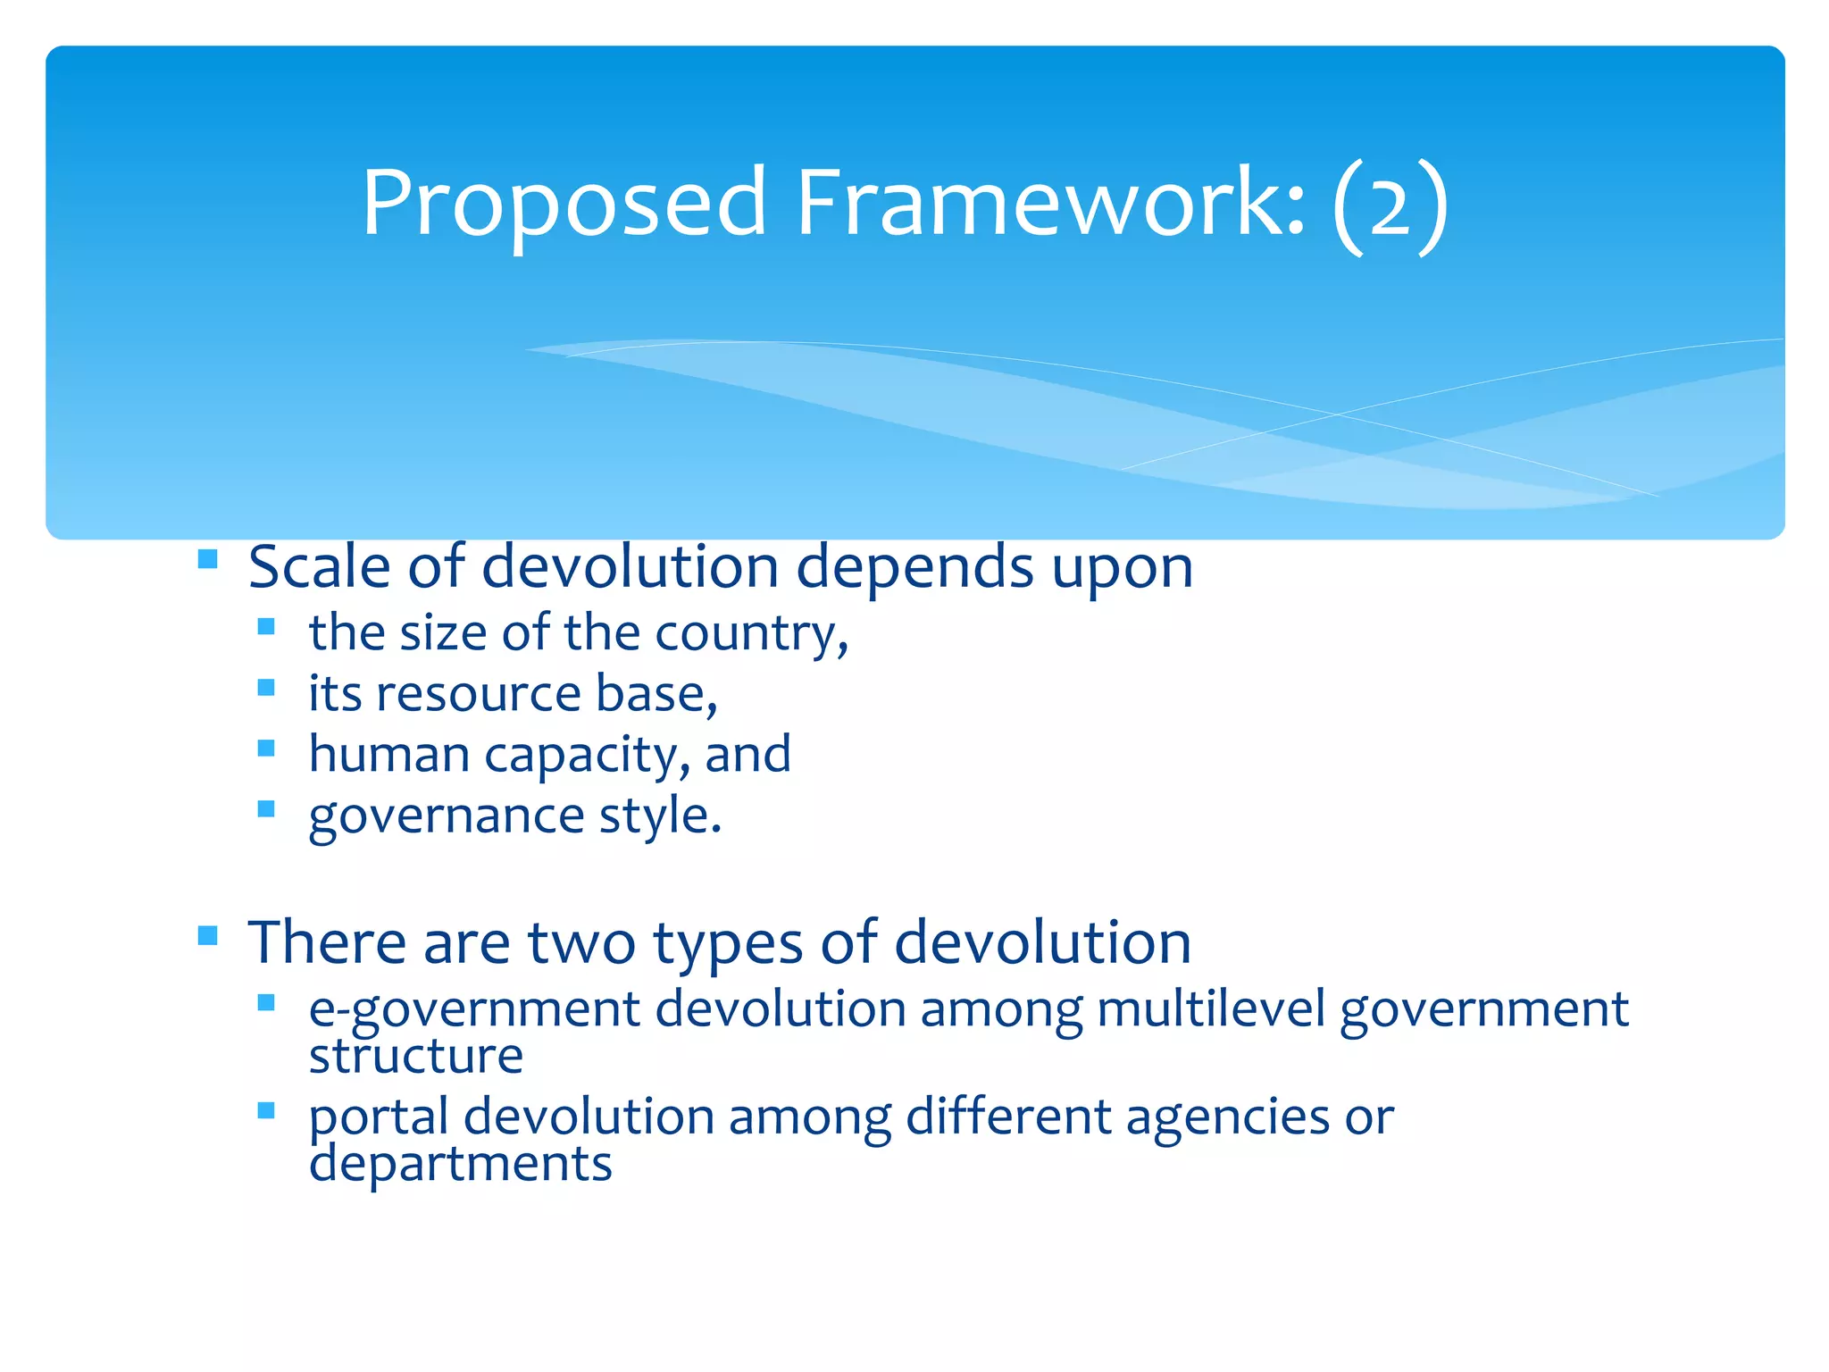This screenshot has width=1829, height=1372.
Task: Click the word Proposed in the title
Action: click(564, 204)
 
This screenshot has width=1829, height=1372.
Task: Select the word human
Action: click(388, 754)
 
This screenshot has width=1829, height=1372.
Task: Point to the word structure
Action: click(415, 1056)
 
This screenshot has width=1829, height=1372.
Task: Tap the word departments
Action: click(460, 1164)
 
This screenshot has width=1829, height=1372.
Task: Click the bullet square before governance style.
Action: click(265, 808)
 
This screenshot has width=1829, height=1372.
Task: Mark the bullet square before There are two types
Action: click(207, 935)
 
